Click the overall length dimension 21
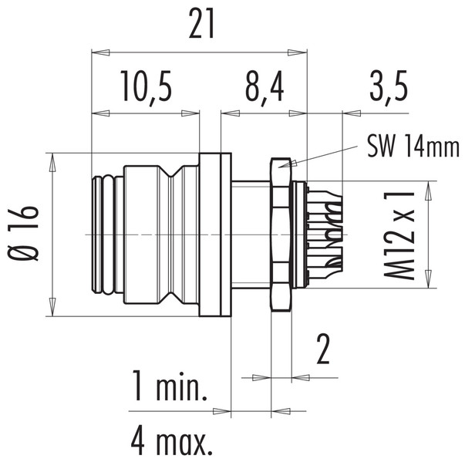[200, 27]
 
